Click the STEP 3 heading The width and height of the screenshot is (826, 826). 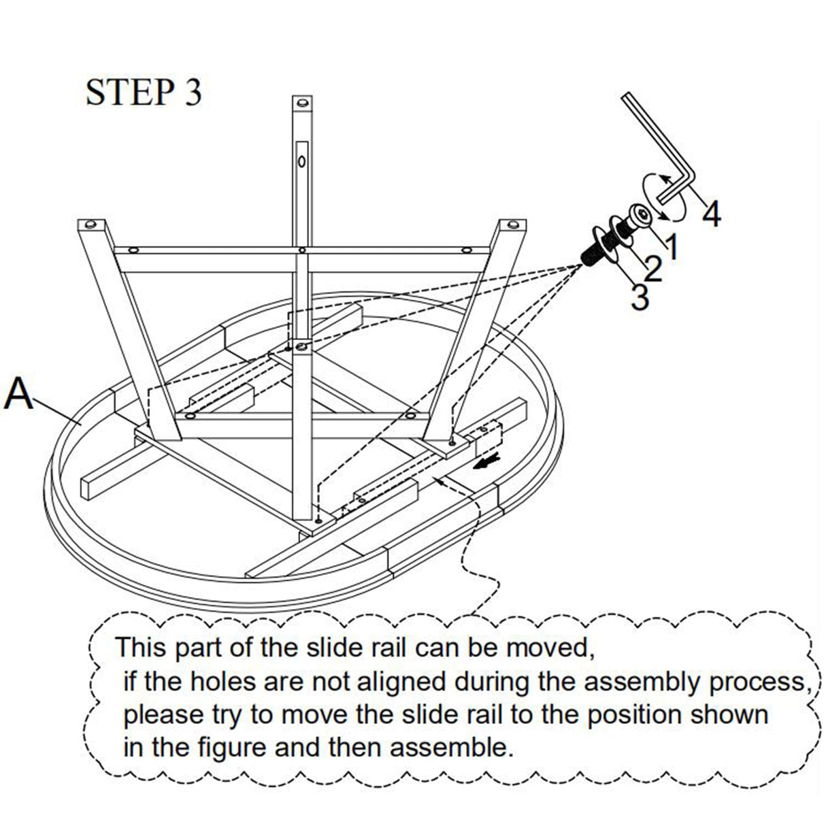[x=144, y=93]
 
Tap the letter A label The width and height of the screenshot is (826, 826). [x=19, y=395]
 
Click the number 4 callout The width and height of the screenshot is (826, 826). [x=711, y=214]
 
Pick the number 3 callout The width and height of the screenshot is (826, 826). [x=640, y=297]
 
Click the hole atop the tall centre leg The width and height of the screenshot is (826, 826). [x=301, y=103]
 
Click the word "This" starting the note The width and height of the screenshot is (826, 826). [x=142, y=646]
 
